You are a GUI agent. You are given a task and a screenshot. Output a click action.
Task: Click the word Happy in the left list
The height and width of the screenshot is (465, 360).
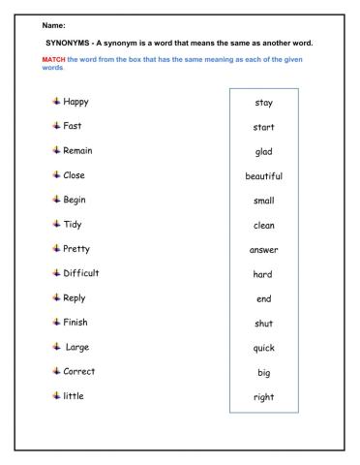[x=83, y=101]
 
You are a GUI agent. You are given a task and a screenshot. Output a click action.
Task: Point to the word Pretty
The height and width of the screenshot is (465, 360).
[x=82, y=249]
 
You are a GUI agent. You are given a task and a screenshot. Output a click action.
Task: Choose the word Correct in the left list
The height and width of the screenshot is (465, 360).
[x=85, y=371]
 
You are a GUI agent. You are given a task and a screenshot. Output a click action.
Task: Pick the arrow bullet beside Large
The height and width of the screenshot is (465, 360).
[x=55, y=347]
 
